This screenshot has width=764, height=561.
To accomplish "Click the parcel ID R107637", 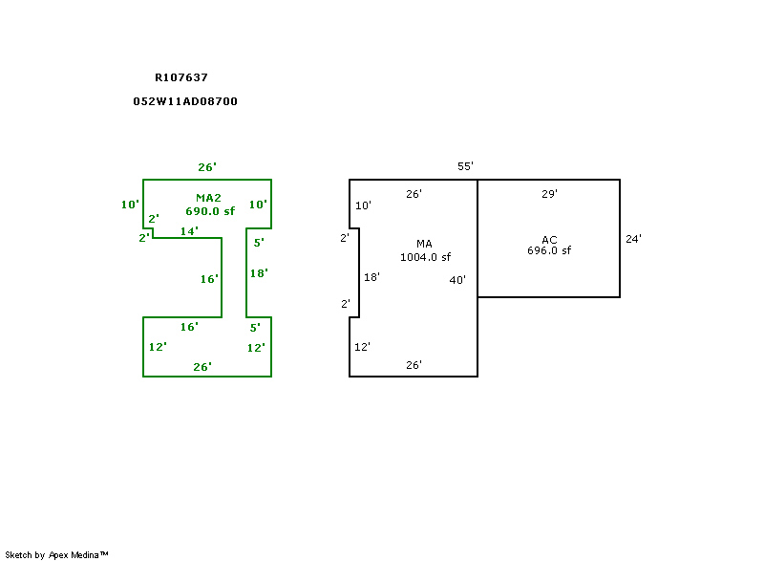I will point(181,78).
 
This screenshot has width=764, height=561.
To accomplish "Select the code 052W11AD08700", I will point(185,101).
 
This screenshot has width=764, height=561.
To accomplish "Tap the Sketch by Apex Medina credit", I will point(56,554).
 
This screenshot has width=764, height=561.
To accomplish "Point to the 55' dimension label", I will point(465,166).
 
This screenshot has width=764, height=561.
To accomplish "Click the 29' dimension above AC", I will point(549,194).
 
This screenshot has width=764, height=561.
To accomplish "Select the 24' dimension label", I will point(633,240).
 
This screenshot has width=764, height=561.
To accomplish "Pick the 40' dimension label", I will point(457,280).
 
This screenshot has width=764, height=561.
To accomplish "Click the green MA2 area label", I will point(208,198).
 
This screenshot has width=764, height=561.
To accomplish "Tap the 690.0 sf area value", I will point(209,211).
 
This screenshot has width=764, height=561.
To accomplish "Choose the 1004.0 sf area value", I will point(425,257).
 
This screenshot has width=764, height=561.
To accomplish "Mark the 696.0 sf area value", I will point(549,251).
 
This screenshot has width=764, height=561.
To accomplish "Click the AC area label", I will point(549,240).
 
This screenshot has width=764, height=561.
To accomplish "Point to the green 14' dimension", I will point(189,231).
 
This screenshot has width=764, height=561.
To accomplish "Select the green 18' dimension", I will point(259,273).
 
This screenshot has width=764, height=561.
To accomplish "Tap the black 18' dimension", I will point(372,277).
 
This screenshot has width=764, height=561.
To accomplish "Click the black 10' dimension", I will point(363,205).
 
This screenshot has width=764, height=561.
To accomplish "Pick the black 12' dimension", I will point(363,347).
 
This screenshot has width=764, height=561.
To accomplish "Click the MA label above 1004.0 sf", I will point(425,245).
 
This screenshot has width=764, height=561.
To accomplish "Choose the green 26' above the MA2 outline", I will point(207,167).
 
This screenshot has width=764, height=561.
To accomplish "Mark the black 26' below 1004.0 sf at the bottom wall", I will point(414,365).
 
